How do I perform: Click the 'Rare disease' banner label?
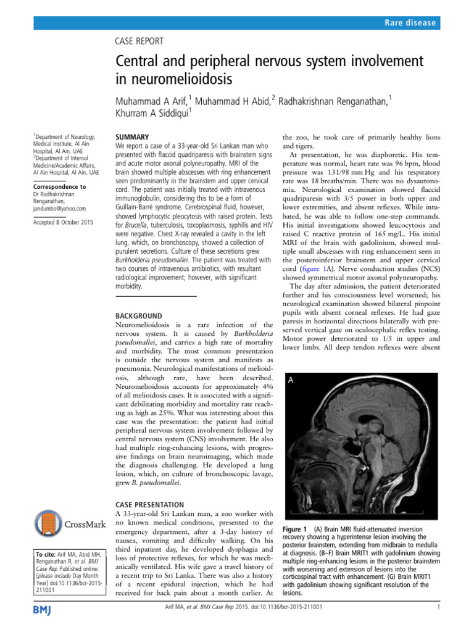(408, 23)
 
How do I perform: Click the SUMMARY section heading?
(133, 136)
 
